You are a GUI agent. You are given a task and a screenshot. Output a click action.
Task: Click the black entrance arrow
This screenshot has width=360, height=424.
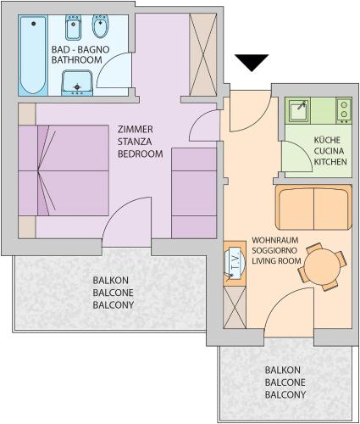[x=252, y=63]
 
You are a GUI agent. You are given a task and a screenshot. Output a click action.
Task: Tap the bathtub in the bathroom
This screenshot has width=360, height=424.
[x=33, y=55]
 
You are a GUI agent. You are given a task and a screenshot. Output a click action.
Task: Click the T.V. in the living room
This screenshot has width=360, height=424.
[x=234, y=263]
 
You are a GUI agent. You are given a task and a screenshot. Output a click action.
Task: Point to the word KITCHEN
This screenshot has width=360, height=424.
[x=330, y=162]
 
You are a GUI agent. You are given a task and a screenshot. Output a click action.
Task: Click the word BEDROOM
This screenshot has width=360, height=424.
[x=141, y=153]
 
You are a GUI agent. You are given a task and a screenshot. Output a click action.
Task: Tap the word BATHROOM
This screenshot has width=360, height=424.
[x=76, y=60]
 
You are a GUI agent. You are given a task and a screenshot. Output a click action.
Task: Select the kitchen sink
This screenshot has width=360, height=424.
[x=297, y=110]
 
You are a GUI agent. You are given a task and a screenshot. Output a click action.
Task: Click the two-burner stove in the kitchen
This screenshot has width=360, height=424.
[x=344, y=110]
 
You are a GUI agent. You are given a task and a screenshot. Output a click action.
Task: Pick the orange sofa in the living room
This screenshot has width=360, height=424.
[x=313, y=208]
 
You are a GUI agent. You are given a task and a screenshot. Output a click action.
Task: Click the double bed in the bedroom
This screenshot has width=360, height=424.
[x=64, y=170]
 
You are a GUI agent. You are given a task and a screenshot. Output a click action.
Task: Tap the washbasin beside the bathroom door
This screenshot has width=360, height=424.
[x=77, y=83]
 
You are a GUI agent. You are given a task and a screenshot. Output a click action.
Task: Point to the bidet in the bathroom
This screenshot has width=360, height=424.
[x=100, y=26]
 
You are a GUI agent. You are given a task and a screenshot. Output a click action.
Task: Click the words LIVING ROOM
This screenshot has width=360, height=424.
[x=276, y=260]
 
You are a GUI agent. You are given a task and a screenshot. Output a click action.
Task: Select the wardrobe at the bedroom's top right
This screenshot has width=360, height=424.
[x=202, y=54]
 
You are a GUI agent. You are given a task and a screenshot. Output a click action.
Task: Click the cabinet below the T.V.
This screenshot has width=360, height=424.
[x=235, y=308]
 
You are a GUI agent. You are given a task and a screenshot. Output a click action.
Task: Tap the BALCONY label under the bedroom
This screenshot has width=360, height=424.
[x=114, y=305]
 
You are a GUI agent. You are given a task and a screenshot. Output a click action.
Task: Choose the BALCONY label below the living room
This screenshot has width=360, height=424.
[x=285, y=394]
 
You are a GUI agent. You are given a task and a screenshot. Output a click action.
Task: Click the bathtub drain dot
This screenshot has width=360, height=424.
[x=34, y=24]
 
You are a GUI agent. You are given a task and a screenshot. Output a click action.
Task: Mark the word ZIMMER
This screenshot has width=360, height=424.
[x=136, y=130]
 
